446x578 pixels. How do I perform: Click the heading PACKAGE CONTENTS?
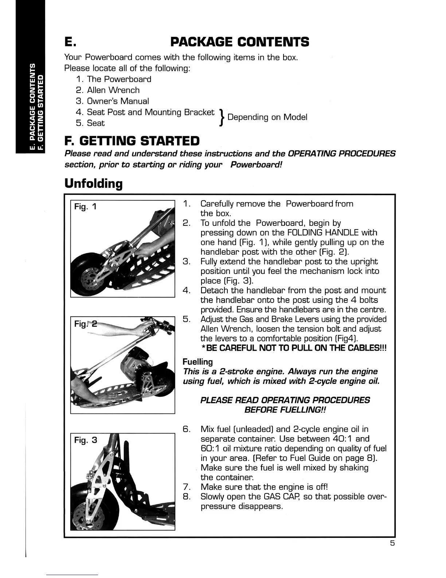pos(240,42)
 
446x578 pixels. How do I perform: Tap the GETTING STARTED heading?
pos(132,140)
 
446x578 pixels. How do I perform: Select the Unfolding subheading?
pos(93,183)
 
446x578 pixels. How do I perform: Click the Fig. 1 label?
pos(85,207)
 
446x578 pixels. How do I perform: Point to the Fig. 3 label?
pos(86,440)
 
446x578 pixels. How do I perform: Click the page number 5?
pos(392,543)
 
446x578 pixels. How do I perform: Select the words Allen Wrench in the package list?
pos(113,90)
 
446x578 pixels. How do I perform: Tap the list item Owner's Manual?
pos(118,101)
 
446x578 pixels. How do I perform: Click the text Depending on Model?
pos(267,117)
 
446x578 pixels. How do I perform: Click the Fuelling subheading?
pos(197,362)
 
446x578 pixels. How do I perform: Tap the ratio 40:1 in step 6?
pos(343,439)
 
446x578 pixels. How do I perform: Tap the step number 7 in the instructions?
pos(186,487)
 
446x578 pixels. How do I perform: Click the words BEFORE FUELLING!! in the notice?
pos(285,410)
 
